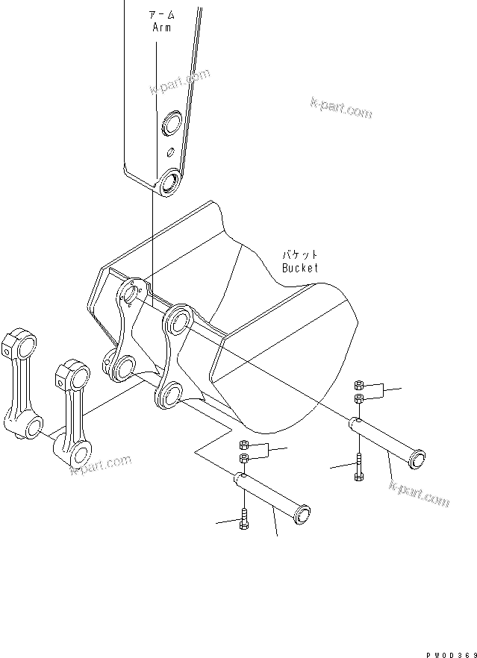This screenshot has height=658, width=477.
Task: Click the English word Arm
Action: point(160,28)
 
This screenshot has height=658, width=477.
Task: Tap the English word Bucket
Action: point(299,267)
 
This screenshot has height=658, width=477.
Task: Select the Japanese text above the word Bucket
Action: point(299,254)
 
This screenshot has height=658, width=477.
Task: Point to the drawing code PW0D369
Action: point(451,652)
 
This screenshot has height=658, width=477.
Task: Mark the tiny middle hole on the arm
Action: point(170,152)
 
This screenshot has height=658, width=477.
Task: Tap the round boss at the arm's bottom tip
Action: point(170,182)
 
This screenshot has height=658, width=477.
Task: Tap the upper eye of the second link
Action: point(73,373)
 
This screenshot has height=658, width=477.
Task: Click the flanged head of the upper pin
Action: point(416,457)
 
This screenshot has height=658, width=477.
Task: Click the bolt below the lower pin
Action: point(243,520)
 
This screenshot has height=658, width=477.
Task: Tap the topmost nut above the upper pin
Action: point(358,384)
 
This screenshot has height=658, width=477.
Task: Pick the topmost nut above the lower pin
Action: point(243,446)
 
